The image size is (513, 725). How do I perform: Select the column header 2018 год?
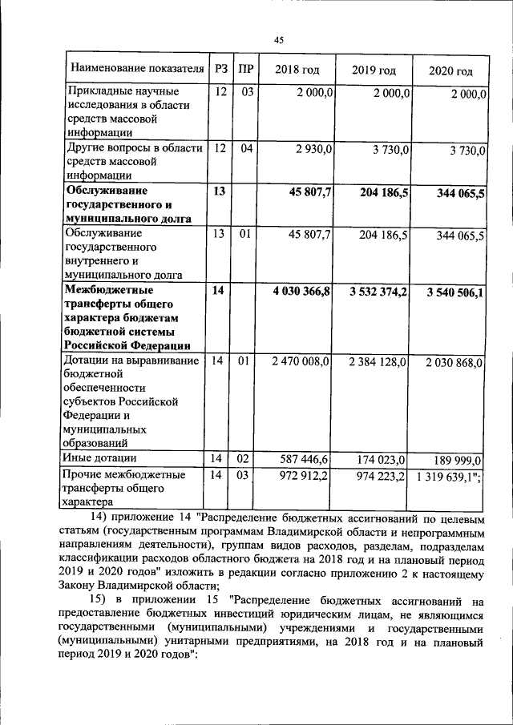tap(297, 70)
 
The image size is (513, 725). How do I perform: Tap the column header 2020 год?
tap(450, 70)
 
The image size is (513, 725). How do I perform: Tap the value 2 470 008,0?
tap(301, 362)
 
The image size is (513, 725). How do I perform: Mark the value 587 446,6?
tap(305, 459)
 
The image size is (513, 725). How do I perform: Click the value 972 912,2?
tap(305, 476)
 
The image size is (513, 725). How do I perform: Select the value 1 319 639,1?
tap(447, 476)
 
